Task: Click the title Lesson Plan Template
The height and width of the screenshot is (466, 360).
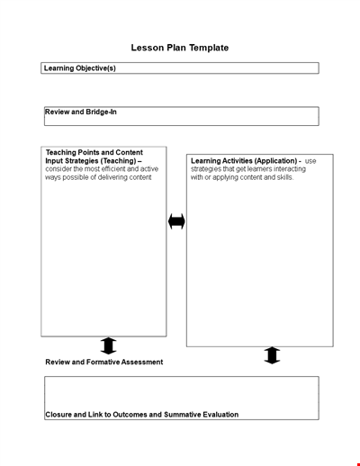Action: coord(180,48)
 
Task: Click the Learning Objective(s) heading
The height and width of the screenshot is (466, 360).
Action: coord(80,67)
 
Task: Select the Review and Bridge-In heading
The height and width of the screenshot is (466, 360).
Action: coord(81,112)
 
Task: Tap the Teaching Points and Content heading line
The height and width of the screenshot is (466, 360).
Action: coord(94,152)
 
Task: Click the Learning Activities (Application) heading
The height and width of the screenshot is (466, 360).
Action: coord(244,161)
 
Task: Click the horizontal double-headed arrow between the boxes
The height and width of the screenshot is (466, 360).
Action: coord(176,221)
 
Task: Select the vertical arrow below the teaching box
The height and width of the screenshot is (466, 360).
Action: coord(108,345)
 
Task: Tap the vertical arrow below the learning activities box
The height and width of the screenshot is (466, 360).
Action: coord(272,355)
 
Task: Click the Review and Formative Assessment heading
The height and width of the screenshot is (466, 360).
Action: coord(104,362)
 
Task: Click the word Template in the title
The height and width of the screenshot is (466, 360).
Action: coord(208,48)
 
